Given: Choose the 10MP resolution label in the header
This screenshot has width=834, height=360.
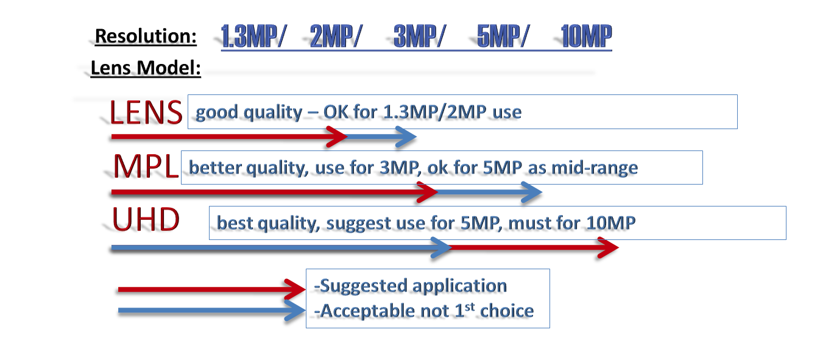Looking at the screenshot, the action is pos(586,36).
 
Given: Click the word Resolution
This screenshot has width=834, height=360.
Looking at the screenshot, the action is pos(146,37).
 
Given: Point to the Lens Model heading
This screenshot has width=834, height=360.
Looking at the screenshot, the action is pos(146,68).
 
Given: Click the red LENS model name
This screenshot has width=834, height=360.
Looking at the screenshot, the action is pos(146,112).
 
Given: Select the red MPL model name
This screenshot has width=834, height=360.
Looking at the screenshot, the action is pos(146,166).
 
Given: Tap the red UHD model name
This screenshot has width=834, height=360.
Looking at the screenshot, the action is pos(146,220).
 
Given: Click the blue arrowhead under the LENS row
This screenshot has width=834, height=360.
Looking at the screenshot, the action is pos(406,136).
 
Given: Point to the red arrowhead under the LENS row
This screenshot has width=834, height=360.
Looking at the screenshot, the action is pos(337,136).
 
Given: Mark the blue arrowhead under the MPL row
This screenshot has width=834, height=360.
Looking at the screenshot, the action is pos(531,192).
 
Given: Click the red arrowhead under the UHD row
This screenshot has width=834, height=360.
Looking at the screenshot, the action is pos(607,247).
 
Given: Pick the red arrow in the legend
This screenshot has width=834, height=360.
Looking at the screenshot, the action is pos(212,289).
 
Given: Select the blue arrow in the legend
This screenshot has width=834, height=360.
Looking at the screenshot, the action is pos(212,310).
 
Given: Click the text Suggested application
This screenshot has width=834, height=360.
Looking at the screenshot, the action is pos(411,286).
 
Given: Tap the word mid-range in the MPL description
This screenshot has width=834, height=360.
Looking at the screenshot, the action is pos(594,168).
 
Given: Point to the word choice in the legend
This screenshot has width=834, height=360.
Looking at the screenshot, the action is pos(507,311).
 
